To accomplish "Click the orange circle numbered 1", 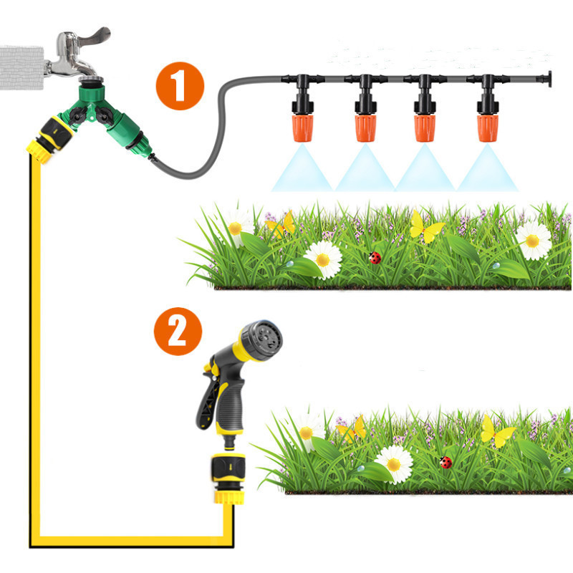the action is [x=180, y=86].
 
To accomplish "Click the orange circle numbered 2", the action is [x=178, y=331].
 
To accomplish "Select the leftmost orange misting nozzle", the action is [x=302, y=128].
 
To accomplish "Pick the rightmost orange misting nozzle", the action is [x=488, y=128].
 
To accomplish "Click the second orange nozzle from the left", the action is [x=365, y=128].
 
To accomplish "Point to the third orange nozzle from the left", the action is [x=425, y=128].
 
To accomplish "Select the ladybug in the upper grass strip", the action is [x=375, y=257].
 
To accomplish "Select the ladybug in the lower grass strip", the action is [x=446, y=462].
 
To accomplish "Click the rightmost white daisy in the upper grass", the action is [x=533, y=241].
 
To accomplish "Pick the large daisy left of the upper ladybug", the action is [x=323, y=259].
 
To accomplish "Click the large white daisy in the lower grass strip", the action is [x=393, y=464].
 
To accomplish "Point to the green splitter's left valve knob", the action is [x=77, y=116].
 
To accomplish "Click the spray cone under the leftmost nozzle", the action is [x=302, y=170].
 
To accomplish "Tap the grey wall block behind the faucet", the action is [x=22, y=67].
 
